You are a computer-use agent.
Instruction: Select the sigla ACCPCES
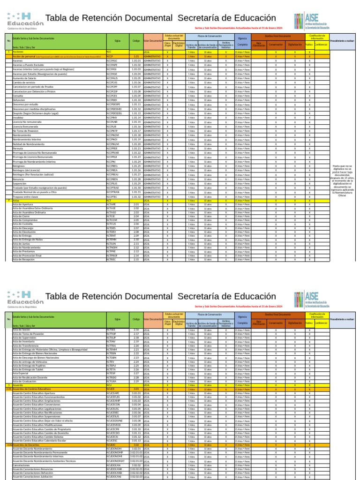coord(112,96)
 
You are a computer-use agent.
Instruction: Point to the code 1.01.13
coord(136,113)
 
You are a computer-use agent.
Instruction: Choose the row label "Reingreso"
coord(18,166)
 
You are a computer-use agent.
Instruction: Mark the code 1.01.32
coord(136,197)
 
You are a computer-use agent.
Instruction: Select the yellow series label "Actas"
coord(16,201)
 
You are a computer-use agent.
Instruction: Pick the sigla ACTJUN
coord(111,244)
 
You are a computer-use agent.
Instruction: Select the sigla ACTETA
coord(111,369)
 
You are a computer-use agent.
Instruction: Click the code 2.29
coord(136,381)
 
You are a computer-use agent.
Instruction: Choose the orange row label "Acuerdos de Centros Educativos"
coord(32,389)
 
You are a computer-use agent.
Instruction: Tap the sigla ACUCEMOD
coord(113,425)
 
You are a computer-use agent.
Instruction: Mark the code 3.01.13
coord(136,441)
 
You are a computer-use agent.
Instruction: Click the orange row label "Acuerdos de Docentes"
coord(26,445)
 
